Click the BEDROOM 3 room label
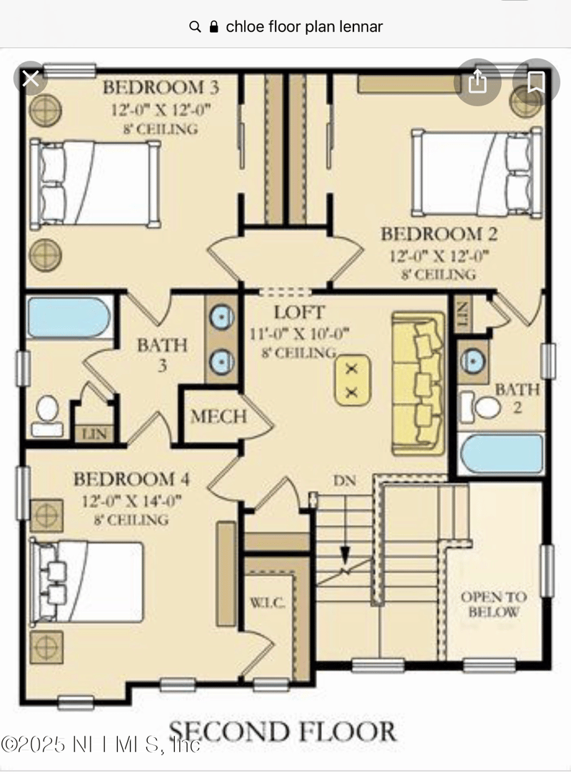[161, 88]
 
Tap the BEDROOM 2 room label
[439, 234]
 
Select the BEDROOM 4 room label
[132, 479]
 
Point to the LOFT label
[300, 313]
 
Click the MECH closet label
[218, 416]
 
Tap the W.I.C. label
[267, 604]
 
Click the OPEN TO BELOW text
[493, 604]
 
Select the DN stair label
[345, 481]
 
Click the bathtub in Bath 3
[69, 318]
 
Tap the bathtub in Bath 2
[502, 453]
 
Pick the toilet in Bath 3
[47, 416]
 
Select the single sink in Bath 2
[473, 360]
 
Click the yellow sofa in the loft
[418, 383]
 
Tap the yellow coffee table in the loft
[352, 380]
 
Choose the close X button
[31, 78]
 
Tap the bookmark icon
[536, 82]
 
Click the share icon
[477, 82]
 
